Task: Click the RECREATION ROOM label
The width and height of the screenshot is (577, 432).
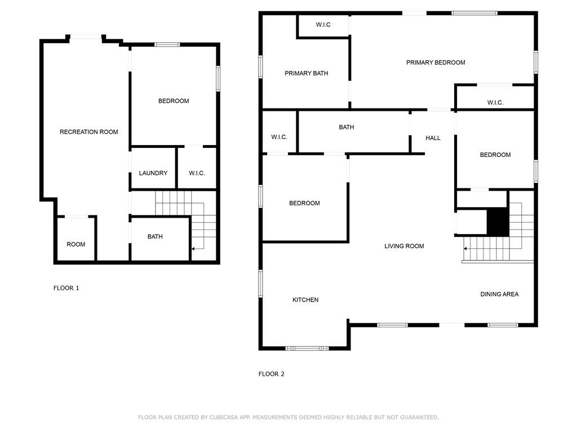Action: pyautogui.click(x=88, y=132)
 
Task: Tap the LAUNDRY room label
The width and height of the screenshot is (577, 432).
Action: pyautogui.click(x=153, y=173)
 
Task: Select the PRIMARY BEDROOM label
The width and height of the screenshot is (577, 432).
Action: pyautogui.click(x=436, y=62)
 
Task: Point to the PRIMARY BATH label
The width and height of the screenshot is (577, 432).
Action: pyautogui.click(x=306, y=73)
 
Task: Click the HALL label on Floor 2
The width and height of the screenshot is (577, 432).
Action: pyautogui.click(x=433, y=138)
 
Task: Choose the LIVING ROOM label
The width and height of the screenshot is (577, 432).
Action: pyautogui.click(x=404, y=246)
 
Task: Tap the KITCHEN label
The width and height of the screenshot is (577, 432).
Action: pyautogui.click(x=305, y=300)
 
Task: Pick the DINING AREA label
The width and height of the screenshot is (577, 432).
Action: pyautogui.click(x=499, y=294)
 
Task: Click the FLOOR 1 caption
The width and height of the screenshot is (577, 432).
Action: pyautogui.click(x=66, y=288)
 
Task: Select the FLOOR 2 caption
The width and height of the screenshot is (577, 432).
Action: pyautogui.click(x=271, y=374)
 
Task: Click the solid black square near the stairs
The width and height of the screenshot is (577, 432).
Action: pyautogui.click(x=498, y=222)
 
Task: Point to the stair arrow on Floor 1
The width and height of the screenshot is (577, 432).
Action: pyautogui.click(x=198, y=249)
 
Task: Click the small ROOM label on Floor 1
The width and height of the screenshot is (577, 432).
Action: pyautogui.click(x=76, y=244)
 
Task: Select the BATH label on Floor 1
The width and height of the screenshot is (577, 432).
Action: pyautogui.click(x=155, y=237)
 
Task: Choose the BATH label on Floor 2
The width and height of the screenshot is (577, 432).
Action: pyautogui.click(x=347, y=127)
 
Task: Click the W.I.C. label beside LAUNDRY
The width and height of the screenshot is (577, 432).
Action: pyautogui.click(x=197, y=173)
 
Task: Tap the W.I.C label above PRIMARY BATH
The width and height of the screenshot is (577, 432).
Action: pyautogui.click(x=323, y=25)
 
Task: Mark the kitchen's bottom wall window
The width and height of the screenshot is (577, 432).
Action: pyautogui.click(x=307, y=348)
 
